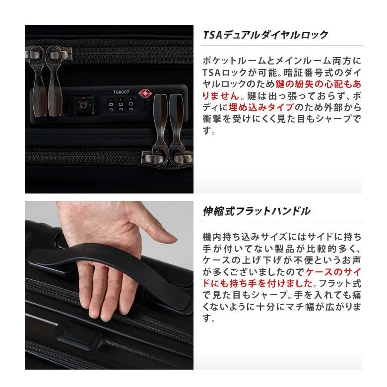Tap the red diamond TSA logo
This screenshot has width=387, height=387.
pyautogui.click(x=146, y=93)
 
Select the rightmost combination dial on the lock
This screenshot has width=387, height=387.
pyautogui.click(x=130, y=106)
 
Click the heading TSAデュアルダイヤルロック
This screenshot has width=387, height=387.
pyautogui.click(x=266, y=35)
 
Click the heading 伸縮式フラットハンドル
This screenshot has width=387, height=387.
pyautogui.click(x=257, y=211)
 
